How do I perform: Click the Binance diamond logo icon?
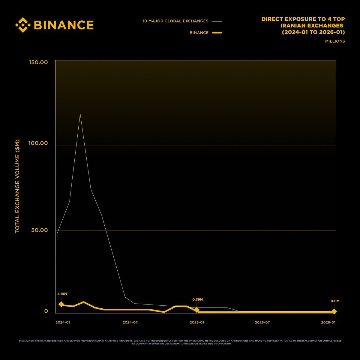point(23,25)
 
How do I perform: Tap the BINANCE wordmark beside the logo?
point(64,25)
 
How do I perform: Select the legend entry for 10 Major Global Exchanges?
point(175,21)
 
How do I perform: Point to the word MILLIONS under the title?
point(335,41)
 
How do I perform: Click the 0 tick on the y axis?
point(46,311)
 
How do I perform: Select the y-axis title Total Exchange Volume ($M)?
point(17,186)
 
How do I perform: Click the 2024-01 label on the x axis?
point(63,322)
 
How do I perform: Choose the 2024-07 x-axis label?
point(130,322)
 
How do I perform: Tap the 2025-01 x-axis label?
point(196,322)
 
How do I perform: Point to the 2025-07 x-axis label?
point(262,322)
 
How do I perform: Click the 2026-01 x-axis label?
point(328,322)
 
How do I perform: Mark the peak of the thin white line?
point(80,114)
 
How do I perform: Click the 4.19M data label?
point(62,294)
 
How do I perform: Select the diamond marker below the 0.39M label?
point(196,310)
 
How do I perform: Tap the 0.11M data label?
point(335,301)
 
